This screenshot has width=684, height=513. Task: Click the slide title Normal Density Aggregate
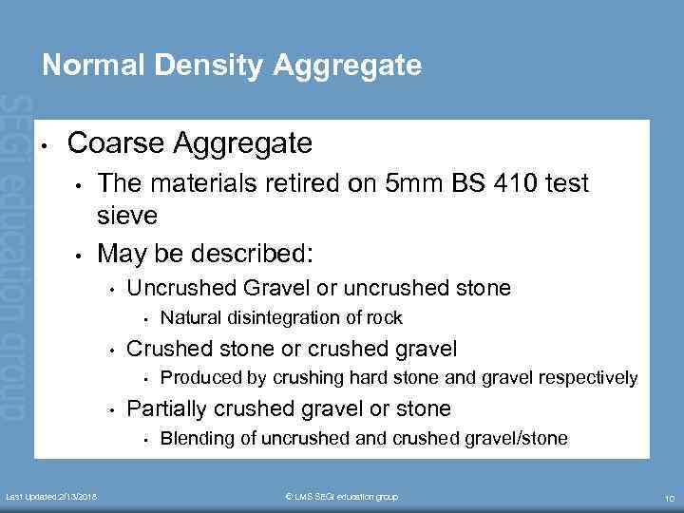coord(232,65)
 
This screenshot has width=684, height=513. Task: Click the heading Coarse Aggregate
coord(190,143)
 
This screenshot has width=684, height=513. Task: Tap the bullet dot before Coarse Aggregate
coord(45,145)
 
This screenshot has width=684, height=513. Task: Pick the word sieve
coord(127,217)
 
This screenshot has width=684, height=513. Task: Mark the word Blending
coord(197,438)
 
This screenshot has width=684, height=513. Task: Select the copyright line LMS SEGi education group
coord(342,497)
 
